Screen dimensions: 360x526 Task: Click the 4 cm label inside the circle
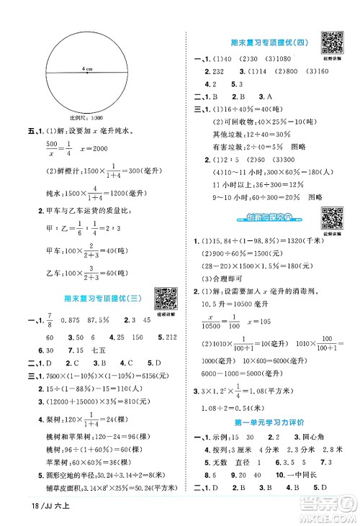(88, 68)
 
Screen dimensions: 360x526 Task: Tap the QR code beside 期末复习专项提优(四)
(331, 42)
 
